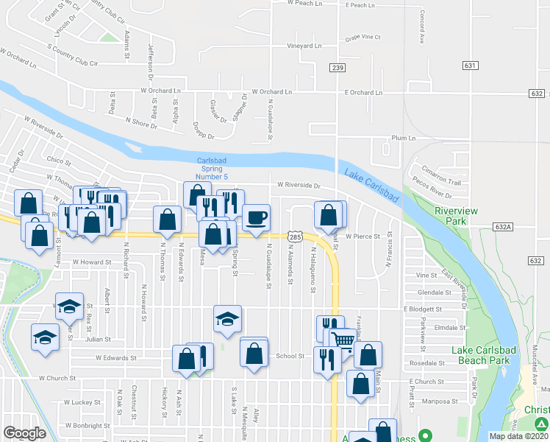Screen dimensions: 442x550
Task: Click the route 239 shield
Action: point(337,69)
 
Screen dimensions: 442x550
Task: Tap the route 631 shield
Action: point(471,66)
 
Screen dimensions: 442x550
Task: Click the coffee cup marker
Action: point(256,217)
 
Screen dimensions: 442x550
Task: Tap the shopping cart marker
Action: point(342,340)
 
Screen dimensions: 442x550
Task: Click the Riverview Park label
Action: point(456,216)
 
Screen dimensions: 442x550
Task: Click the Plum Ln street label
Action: point(404,138)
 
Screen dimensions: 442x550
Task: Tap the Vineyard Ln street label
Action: point(304,46)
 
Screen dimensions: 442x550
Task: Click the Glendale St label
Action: point(433,292)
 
